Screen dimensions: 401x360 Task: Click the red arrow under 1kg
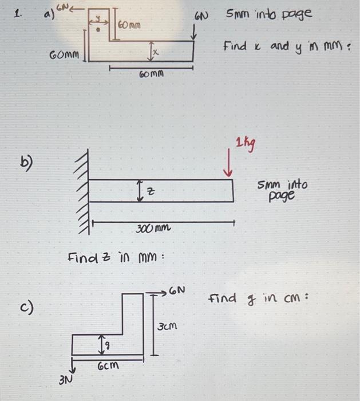[231, 164]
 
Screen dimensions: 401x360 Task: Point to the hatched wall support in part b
[81, 191]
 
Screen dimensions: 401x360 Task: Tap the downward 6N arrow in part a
[195, 33]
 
